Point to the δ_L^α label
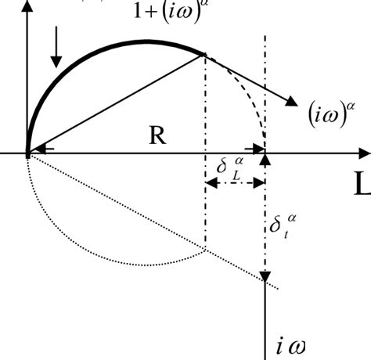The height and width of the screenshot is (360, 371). [x=232, y=168]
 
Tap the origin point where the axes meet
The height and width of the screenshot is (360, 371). [x=28, y=153]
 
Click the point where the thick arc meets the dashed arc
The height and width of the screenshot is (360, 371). [x=205, y=54]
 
